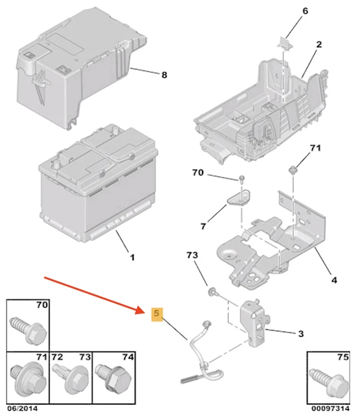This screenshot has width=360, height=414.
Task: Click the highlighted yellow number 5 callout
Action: (x=157, y=314)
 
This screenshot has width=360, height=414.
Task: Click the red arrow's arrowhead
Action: (x=141, y=310)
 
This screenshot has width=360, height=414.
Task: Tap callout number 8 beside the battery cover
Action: (x=164, y=75)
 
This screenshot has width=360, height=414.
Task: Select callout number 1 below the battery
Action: (x=133, y=257)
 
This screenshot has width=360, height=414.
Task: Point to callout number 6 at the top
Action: (x=305, y=11)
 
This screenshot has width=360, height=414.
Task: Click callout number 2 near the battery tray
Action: (x=319, y=45)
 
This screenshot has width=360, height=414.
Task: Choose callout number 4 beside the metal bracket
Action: (x=334, y=280)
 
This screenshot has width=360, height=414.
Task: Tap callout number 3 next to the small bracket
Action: (x=301, y=334)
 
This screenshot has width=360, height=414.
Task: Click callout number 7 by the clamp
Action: (x=203, y=226)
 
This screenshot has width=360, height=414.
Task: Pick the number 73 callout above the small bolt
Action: (x=192, y=255)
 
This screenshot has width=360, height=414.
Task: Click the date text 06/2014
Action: (x=23, y=408)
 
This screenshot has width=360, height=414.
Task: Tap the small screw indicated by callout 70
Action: (x=242, y=180)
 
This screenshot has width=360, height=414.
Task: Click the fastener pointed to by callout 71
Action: (x=293, y=169)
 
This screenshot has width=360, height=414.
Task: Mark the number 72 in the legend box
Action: (x=58, y=357)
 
